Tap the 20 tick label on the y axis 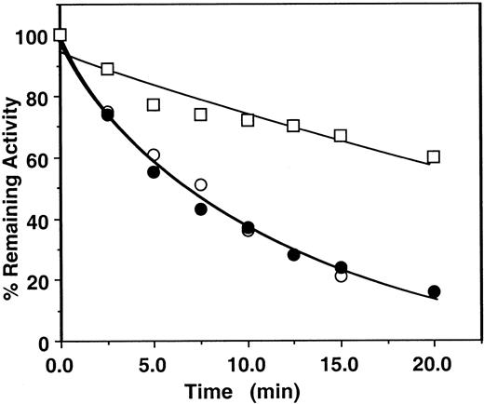pyautogui.click(x=37, y=280)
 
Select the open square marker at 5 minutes pyautogui.click(x=154, y=105)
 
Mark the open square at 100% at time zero pyautogui.click(x=60, y=35)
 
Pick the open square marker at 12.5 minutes pyautogui.click(x=293, y=126)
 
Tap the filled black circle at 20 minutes pyautogui.click(x=434, y=291)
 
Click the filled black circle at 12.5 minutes pyautogui.click(x=293, y=254)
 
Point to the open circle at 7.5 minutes pyautogui.click(x=200, y=185)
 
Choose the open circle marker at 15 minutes pyautogui.click(x=341, y=276)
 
